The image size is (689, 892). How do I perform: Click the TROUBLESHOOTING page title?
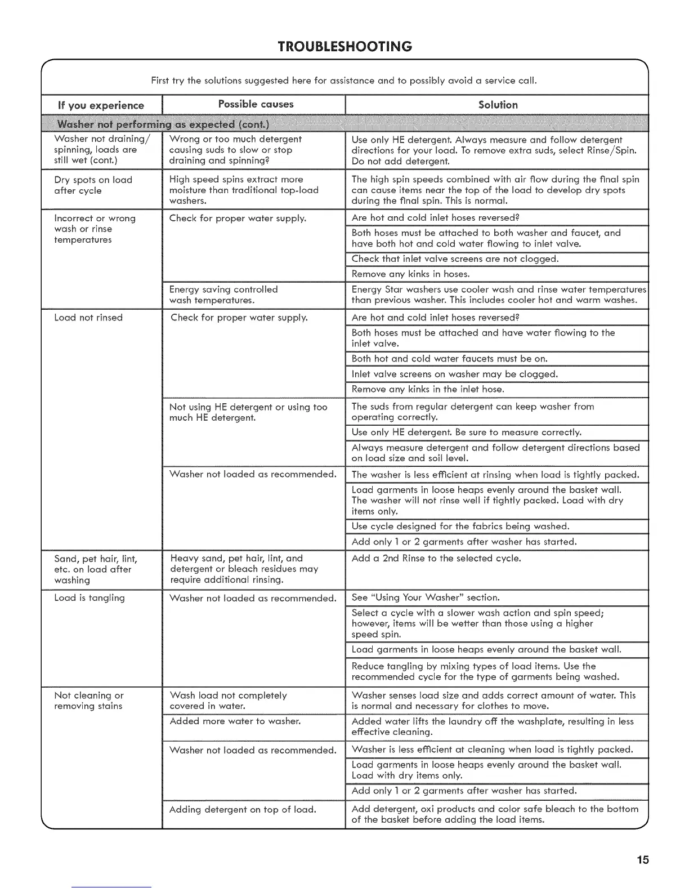tap(344, 46)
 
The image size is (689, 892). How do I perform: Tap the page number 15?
tap(643, 859)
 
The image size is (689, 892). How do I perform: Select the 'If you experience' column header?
tap(101, 105)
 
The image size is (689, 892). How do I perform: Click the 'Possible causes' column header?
tap(256, 104)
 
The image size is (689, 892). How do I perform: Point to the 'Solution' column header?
tap(498, 105)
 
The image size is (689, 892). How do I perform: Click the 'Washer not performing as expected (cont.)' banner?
tap(163, 124)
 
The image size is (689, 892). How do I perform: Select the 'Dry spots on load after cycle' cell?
tap(93, 185)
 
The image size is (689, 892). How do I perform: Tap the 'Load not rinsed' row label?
tap(88, 318)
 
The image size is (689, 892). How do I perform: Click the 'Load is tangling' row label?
tap(90, 598)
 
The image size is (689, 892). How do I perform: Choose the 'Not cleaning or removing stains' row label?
tap(89, 701)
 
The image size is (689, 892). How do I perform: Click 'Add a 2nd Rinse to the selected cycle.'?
tap(436, 559)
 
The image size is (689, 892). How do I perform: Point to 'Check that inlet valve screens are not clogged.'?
tap(455, 259)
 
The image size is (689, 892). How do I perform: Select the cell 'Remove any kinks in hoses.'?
tap(410, 274)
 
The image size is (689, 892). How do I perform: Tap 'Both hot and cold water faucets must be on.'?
tap(449, 359)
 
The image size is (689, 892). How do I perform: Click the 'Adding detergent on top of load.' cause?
tap(243, 809)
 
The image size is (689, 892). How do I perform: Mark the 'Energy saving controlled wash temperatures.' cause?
tap(223, 295)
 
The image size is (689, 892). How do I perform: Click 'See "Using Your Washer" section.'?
tap(426, 597)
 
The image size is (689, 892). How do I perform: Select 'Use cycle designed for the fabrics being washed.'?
tap(460, 527)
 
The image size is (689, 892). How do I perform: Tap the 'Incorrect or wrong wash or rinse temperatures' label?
tap(95, 229)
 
